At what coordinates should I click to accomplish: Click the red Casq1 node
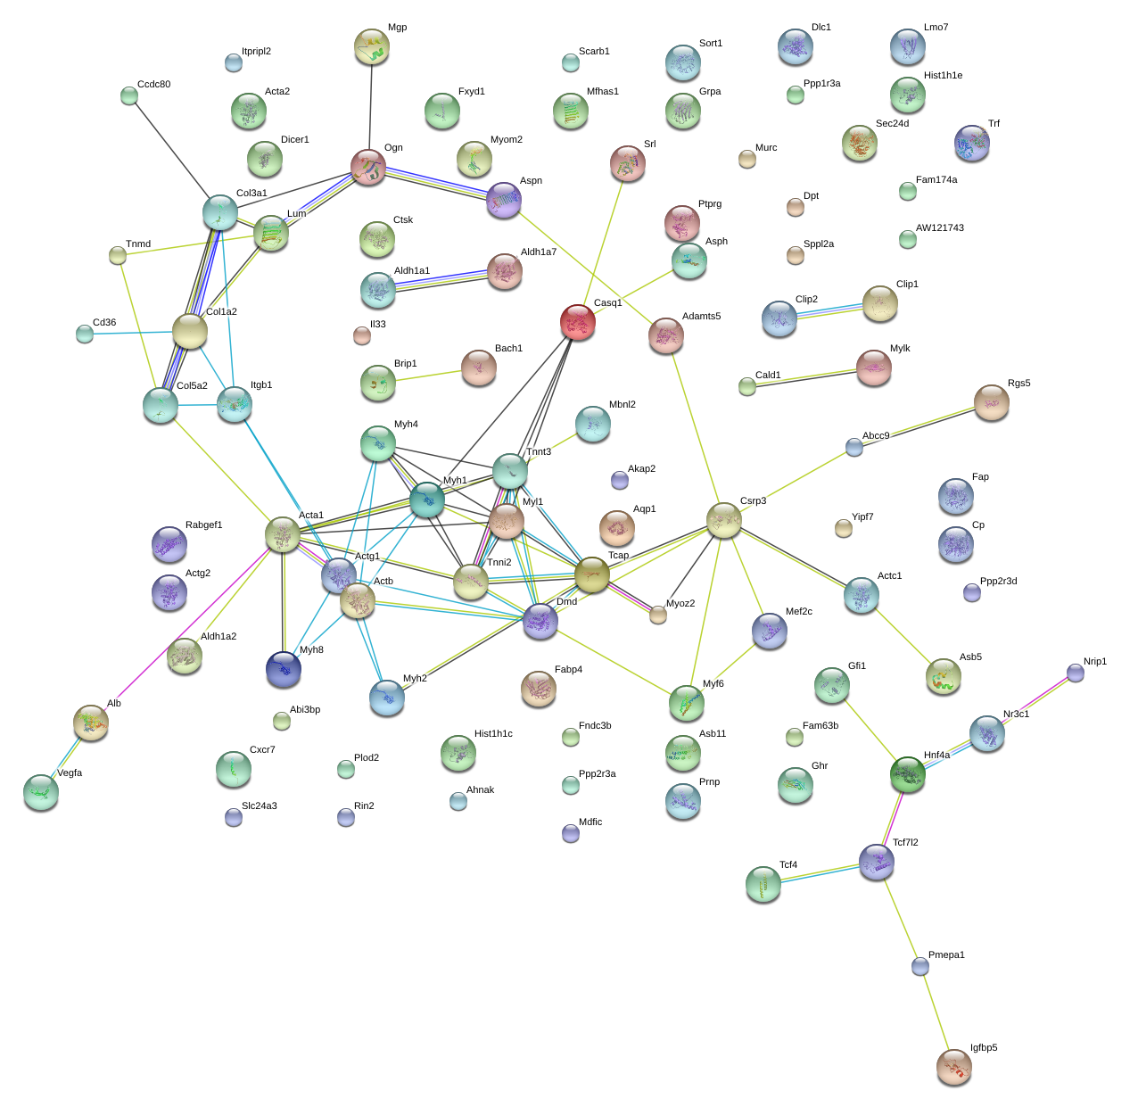pos(577,322)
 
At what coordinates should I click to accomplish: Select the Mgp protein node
pos(371,46)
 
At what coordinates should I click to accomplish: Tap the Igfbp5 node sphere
pos(953,1066)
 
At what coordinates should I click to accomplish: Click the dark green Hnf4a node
pos(908,774)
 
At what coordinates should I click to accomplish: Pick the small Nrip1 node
pos(1076,673)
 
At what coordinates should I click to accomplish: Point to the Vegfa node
pos(40,792)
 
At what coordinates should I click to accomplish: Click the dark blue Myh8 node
pos(284,669)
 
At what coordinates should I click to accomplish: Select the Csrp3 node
pos(723,520)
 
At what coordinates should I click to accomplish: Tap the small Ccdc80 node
pos(129,95)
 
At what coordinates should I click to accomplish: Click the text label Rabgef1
pos(203,525)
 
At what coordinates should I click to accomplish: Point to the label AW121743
pos(939,228)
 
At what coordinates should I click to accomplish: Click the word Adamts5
pos(701,317)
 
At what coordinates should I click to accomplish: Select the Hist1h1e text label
pos(943,76)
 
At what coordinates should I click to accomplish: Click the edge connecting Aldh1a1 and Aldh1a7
pos(441,280)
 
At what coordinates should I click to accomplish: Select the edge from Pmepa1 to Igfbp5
pos(936,1015)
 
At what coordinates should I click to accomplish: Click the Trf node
pos(971,143)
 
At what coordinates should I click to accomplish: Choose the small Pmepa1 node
pos(920,966)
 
